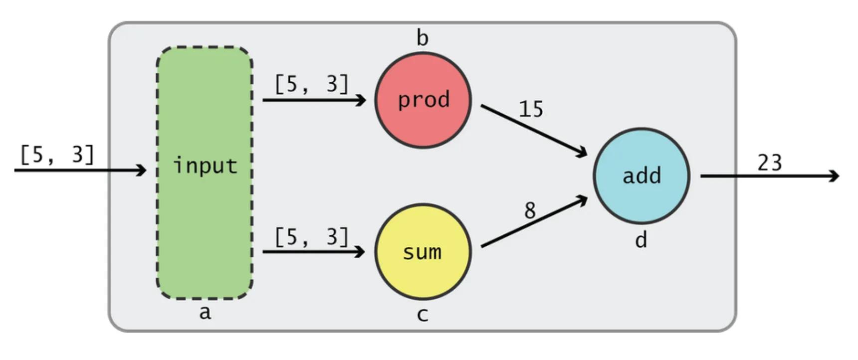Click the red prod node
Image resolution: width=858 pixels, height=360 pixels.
(x=423, y=100)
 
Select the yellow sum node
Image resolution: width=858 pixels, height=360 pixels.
(x=423, y=252)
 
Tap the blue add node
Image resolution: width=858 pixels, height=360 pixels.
(x=642, y=176)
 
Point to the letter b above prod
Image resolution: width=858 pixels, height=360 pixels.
(x=422, y=38)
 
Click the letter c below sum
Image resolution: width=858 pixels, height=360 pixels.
(x=422, y=315)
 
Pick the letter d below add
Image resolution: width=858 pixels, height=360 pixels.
(x=641, y=240)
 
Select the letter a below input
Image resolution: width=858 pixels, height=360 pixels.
(x=205, y=313)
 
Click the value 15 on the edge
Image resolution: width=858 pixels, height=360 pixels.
(x=531, y=109)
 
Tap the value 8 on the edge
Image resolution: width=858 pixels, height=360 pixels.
(x=530, y=210)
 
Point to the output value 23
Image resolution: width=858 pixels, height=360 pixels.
(x=769, y=163)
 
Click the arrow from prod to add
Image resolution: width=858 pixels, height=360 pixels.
(x=534, y=131)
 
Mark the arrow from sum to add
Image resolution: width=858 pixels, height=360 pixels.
(x=534, y=222)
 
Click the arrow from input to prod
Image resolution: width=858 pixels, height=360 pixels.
(x=314, y=100)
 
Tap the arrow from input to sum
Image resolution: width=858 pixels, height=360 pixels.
(x=314, y=252)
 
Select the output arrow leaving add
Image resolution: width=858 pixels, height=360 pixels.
(x=768, y=176)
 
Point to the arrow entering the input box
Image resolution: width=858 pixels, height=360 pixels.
(x=80, y=171)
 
